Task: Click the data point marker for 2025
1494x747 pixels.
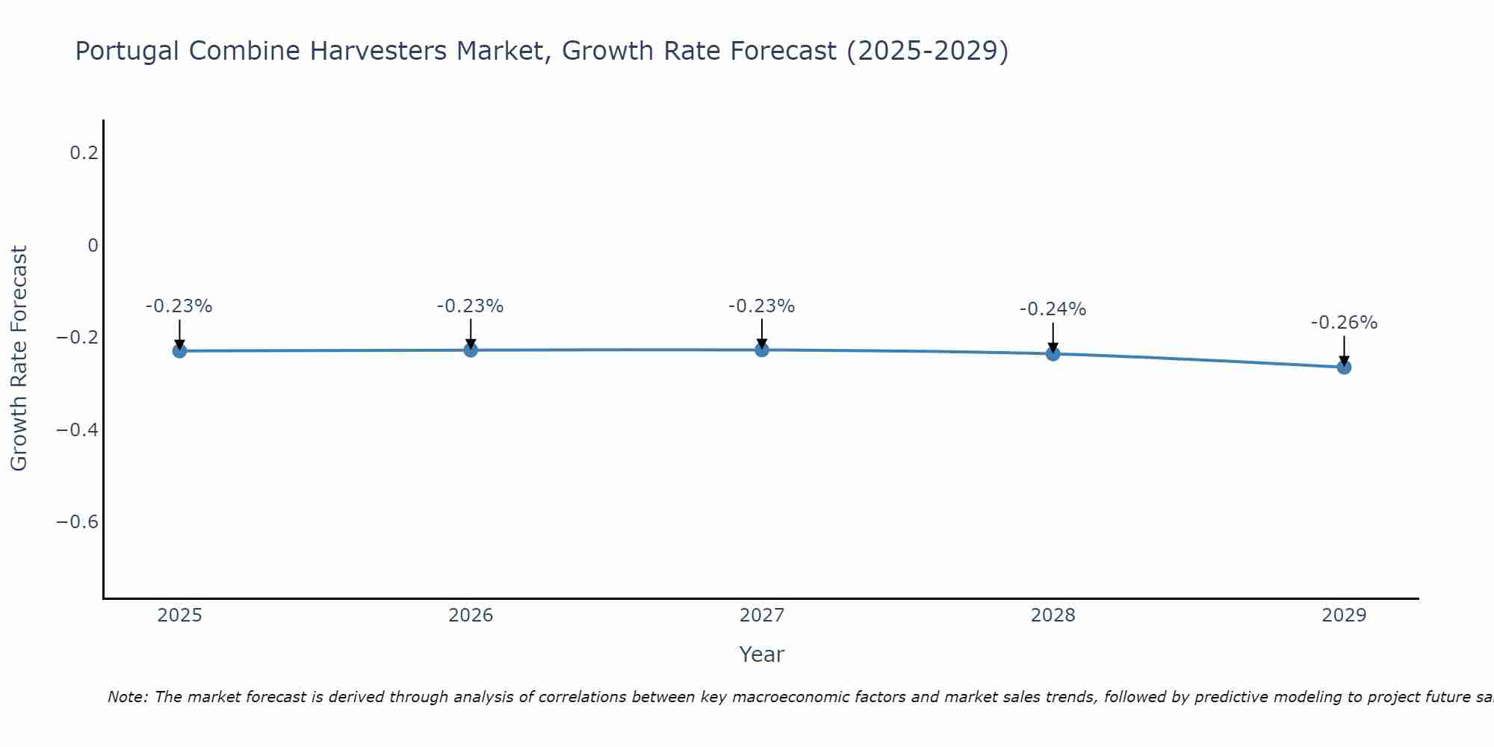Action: (x=179, y=351)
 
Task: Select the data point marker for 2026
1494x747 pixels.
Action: (x=471, y=350)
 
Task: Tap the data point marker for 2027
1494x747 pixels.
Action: (x=762, y=350)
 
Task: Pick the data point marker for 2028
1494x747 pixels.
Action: (x=1053, y=353)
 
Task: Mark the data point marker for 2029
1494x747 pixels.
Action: (x=1344, y=367)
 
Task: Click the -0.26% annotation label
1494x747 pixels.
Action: (x=1344, y=323)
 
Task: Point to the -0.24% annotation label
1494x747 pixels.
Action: (x=1053, y=309)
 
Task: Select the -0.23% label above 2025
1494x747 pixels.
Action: (x=179, y=306)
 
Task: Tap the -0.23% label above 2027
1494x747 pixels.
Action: (x=761, y=306)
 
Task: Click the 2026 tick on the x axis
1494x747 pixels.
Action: (x=471, y=616)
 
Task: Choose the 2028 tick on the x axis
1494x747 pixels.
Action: (x=1053, y=616)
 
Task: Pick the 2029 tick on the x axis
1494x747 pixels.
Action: (x=1344, y=616)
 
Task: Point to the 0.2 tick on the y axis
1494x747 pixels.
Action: (x=84, y=153)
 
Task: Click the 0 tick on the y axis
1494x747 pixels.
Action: (x=93, y=246)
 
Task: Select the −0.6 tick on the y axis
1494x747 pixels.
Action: (x=78, y=521)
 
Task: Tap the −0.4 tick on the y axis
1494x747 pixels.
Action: (x=78, y=430)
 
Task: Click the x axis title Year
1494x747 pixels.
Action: (x=761, y=655)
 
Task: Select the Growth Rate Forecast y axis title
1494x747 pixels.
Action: (x=19, y=359)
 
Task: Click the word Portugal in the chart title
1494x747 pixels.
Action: (x=127, y=52)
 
